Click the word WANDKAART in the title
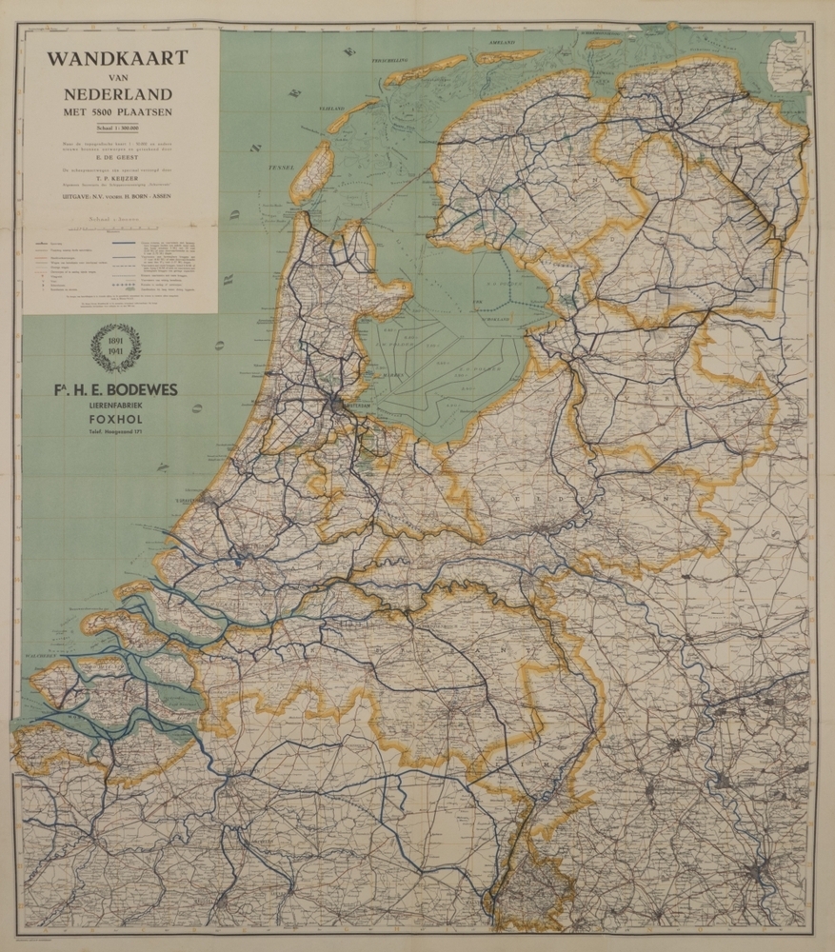[x=118, y=58]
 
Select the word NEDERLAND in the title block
[x=118, y=93]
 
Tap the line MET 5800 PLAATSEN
[x=118, y=112]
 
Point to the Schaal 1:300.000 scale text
[x=118, y=127]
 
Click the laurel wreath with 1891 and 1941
[x=115, y=347]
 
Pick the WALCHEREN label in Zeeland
[x=42, y=655]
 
